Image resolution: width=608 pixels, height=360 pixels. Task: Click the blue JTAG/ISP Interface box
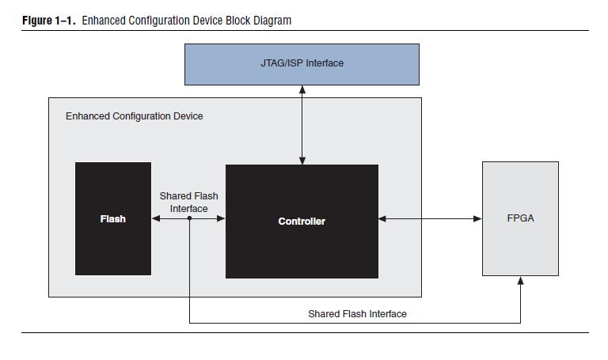pos(302,64)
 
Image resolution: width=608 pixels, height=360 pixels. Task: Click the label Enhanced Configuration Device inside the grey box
pos(134,116)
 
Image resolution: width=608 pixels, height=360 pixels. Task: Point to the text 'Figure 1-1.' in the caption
pos(49,21)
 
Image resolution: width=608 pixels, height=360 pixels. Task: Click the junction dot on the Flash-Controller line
pos(189,219)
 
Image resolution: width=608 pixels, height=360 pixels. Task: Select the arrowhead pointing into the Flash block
pos(156,219)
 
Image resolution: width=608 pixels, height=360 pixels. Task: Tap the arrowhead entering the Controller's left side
pos(222,219)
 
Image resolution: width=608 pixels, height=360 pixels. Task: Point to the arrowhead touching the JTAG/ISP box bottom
pos(302,89)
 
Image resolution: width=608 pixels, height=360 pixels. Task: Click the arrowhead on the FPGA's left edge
pos(477,219)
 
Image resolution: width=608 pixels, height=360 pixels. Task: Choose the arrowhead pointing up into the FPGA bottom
pos(520,281)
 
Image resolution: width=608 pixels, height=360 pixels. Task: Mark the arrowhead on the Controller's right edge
pos(383,219)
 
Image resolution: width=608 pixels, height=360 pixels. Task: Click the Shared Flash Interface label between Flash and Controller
pos(188,203)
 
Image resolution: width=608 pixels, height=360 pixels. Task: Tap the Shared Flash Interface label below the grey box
pos(357,314)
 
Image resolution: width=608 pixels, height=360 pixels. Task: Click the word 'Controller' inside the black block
pos(302,222)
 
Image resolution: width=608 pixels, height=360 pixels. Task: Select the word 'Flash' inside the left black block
pos(113,219)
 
